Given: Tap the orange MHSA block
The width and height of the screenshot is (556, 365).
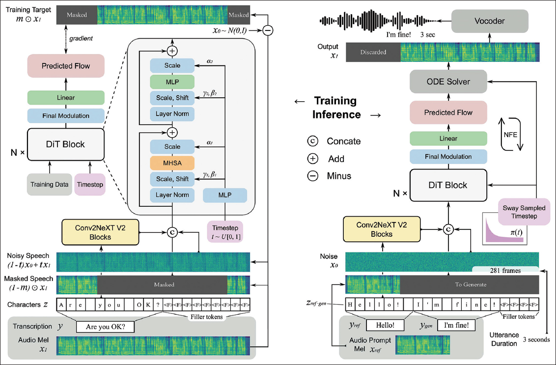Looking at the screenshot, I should click(172, 163).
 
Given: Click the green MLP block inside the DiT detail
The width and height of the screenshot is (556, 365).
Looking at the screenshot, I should click(172, 82).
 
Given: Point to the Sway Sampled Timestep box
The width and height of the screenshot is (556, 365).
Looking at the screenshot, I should click(524, 212).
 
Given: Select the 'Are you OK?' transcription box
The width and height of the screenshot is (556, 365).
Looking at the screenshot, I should click(105, 326).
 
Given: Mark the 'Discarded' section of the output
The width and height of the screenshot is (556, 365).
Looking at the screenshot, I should click(373, 52).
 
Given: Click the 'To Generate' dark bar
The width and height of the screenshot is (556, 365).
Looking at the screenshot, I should click(470, 284).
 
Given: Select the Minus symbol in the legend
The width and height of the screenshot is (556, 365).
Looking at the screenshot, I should click(312, 176).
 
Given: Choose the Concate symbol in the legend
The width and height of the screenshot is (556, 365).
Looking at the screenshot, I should click(312, 141).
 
